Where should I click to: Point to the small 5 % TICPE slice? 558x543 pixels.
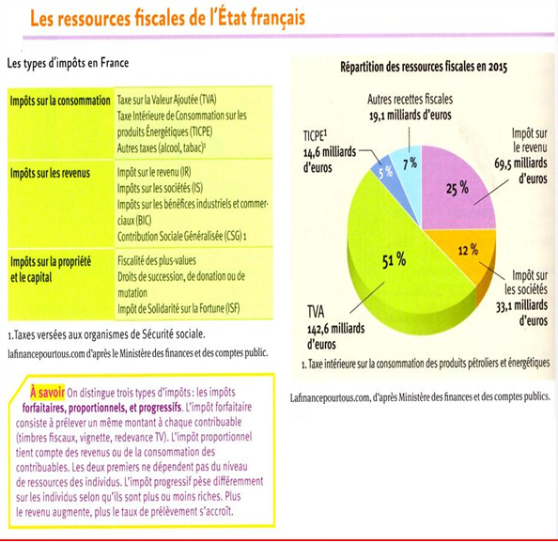(x=385, y=174)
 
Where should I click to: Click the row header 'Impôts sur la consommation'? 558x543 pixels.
(x=59, y=99)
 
